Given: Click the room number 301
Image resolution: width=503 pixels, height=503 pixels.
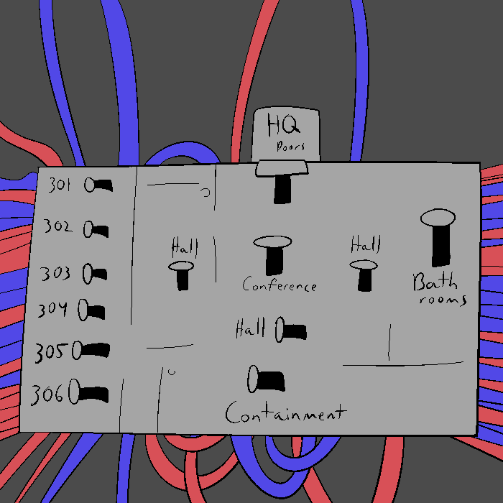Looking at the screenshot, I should click(x=59, y=185).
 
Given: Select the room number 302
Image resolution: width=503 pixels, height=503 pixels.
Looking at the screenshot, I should click(x=57, y=227).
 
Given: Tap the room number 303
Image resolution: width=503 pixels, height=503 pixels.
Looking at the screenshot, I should click(x=55, y=273).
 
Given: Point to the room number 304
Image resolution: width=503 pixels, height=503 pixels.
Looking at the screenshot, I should click(x=52, y=310).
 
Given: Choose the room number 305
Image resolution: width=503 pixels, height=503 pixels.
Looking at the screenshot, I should click(x=50, y=352).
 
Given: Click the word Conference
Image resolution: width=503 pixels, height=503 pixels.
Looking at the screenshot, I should click(x=279, y=285).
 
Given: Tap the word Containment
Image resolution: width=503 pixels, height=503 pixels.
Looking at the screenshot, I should click(x=285, y=413).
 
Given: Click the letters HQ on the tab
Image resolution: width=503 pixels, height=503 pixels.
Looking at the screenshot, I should click(x=283, y=125).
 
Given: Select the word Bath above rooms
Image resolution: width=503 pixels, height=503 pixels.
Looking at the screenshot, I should click(x=435, y=281).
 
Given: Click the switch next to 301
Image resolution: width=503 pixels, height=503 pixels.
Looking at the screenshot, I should click(x=98, y=185).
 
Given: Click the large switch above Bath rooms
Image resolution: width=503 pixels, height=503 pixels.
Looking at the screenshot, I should click(x=438, y=237).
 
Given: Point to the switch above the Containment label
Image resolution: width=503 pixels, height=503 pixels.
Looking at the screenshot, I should click(x=267, y=379).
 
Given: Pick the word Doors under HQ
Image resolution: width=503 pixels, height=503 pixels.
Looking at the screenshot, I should click(x=290, y=147).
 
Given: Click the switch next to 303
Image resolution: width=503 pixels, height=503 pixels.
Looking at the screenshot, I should click(x=95, y=273).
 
